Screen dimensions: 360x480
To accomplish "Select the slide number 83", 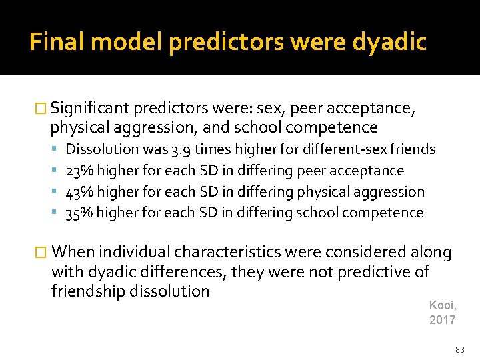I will click(459, 349).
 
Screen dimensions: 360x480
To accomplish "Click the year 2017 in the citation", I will click(443, 320).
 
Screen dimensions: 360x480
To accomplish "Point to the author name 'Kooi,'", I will click(442, 305).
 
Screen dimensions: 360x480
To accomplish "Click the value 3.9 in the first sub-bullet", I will click(180, 149).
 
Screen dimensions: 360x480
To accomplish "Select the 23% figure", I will click(80, 171).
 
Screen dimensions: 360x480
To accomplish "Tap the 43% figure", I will click(80, 192).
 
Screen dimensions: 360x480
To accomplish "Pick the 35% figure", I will click(80, 213).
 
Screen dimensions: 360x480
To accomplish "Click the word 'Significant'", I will click(89, 108).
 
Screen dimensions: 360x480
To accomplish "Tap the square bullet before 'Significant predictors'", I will click(41, 109).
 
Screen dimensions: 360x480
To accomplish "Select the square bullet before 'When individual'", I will click(41, 253).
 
